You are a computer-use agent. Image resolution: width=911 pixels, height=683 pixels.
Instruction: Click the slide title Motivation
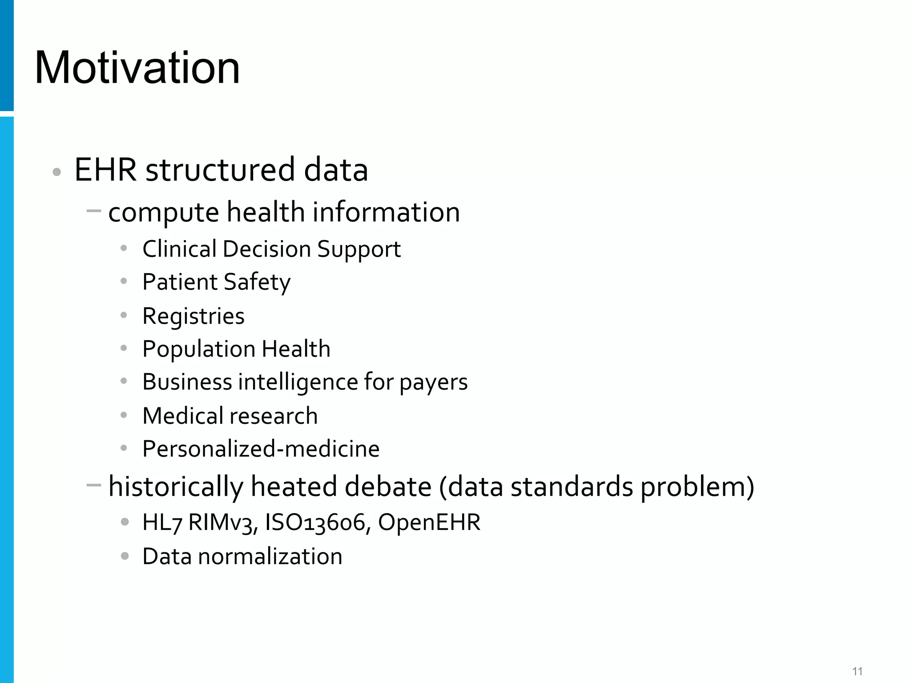pyautogui.click(x=137, y=68)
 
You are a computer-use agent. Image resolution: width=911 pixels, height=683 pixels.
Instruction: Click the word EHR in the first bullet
pyautogui.click(x=105, y=169)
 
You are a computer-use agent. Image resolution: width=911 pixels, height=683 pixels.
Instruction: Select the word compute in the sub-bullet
pyautogui.click(x=163, y=213)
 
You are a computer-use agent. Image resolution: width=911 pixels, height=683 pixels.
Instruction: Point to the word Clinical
pyautogui.click(x=179, y=249)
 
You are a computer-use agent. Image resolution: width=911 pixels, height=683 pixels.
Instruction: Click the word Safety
pyautogui.click(x=257, y=282)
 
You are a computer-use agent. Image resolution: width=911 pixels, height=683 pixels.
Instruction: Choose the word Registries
pyautogui.click(x=193, y=316)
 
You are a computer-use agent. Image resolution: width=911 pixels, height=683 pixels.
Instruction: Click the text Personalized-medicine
pyautogui.click(x=261, y=449)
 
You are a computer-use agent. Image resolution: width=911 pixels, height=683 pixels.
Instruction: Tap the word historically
pyautogui.click(x=176, y=486)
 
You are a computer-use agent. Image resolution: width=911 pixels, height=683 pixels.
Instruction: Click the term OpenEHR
pyautogui.click(x=429, y=522)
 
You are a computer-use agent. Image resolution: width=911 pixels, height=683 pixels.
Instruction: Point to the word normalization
pyautogui.click(x=270, y=556)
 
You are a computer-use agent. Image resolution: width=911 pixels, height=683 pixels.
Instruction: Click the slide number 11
pyautogui.click(x=857, y=671)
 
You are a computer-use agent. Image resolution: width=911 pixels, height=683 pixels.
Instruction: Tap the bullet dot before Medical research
pyautogui.click(x=124, y=415)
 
